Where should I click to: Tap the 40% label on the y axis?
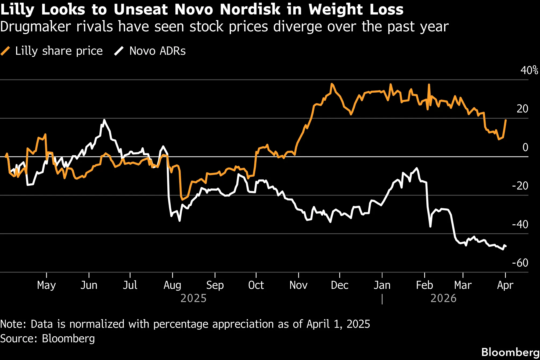click(529, 70)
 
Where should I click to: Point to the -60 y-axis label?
click(520, 263)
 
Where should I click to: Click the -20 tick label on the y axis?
click(520, 186)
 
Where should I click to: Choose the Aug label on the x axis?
click(172, 285)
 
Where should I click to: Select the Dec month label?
click(340, 285)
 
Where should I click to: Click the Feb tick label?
click(424, 285)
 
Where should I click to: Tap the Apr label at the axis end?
click(505, 285)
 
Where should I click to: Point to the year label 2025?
click(193, 299)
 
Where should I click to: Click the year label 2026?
click(443, 299)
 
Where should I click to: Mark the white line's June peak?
click(104, 120)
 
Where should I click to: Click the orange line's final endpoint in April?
click(506, 120)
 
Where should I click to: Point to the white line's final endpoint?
click(506, 246)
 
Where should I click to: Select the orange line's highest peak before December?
click(332, 84)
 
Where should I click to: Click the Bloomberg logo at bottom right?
click(510, 352)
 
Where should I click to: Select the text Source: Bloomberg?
click(48, 339)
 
